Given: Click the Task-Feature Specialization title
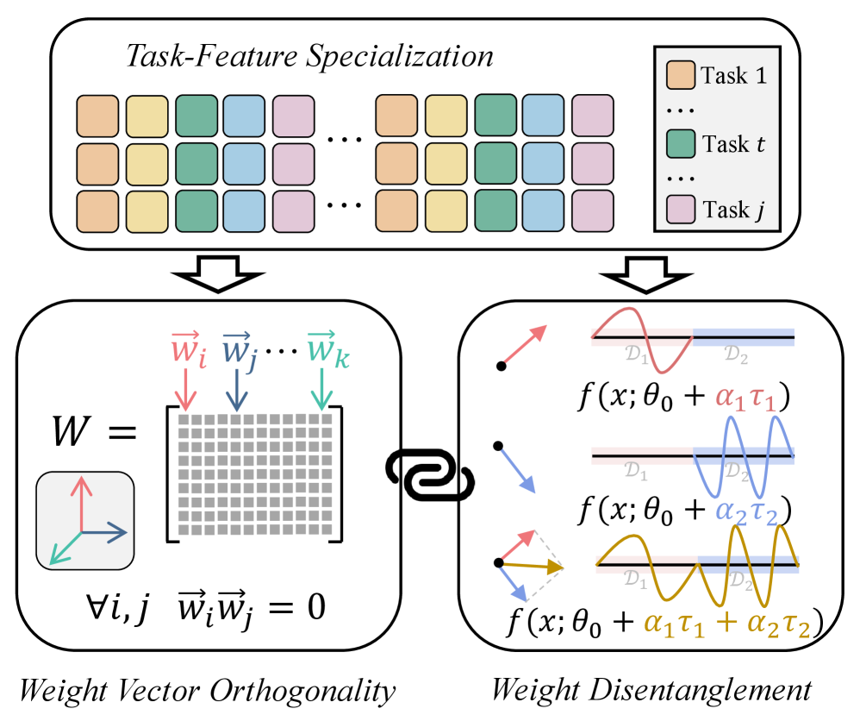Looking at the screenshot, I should [x=309, y=56].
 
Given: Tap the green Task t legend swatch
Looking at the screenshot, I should [x=681, y=143].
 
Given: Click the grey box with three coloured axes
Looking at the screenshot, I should [x=84, y=524].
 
